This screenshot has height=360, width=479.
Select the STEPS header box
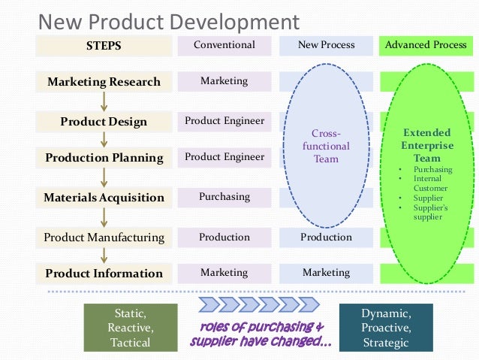(104, 46)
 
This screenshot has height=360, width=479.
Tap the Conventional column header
(224, 45)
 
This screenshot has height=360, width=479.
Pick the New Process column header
(326, 45)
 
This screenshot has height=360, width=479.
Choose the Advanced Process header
(426, 45)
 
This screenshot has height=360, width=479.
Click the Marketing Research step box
(104, 82)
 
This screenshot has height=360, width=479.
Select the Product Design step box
(104, 122)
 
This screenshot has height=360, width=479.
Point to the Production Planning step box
(104, 158)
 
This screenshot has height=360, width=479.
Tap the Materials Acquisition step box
(104, 198)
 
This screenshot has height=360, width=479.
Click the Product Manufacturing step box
(104, 237)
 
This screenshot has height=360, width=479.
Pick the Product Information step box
(104, 274)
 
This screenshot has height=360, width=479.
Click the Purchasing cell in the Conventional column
(224, 197)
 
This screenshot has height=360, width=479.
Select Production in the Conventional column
(224, 237)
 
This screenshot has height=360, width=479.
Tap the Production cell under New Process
(326, 237)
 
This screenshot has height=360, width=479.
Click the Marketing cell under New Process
(326, 273)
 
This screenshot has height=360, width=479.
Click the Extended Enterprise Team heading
(426, 145)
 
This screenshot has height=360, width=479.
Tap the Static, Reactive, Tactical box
(131, 328)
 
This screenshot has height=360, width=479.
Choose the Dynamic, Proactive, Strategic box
(386, 328)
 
